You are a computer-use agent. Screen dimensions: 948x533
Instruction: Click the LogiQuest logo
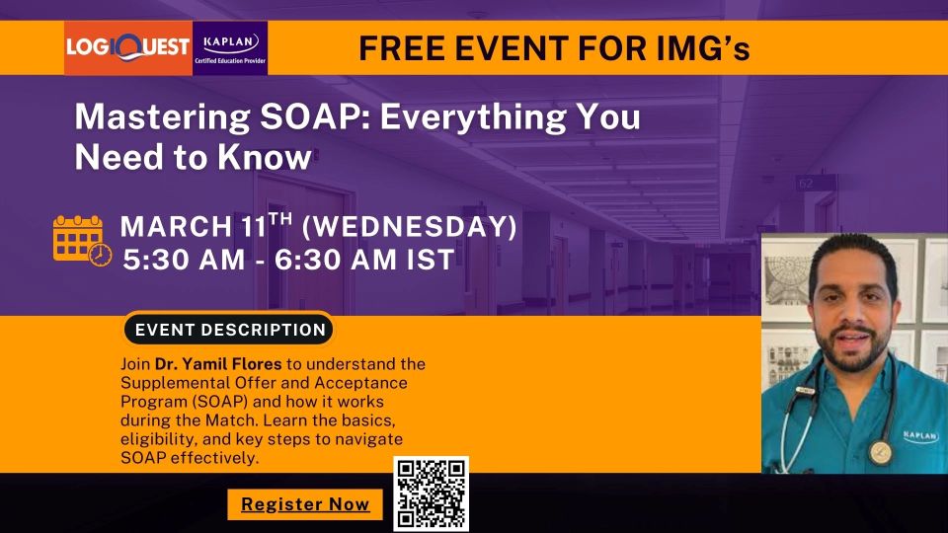pos(128,48)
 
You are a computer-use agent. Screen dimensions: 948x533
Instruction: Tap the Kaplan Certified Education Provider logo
pos(230,48)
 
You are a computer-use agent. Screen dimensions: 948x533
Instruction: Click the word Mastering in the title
pos(162,117)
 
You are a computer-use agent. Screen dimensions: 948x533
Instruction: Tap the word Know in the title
pos(265,157)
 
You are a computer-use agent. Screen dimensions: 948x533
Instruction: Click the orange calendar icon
pos(82,241)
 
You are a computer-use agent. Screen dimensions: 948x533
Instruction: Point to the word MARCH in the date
pos(176,227)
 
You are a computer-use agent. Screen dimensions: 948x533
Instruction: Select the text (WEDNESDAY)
pos(409,227)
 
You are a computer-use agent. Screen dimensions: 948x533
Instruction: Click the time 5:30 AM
pos(184,260)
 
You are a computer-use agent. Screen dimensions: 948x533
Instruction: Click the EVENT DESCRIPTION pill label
pos(230,330)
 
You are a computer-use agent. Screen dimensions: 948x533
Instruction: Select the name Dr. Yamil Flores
pos(218,364)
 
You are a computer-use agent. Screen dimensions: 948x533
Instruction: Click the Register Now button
pos(305,504)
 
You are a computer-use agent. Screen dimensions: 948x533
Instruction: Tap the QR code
pos(432,495)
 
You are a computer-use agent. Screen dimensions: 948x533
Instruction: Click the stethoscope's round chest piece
pos(880,451)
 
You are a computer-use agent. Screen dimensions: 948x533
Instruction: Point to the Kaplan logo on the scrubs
pos(920,435)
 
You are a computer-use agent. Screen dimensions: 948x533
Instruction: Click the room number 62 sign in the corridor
pos(807,184)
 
